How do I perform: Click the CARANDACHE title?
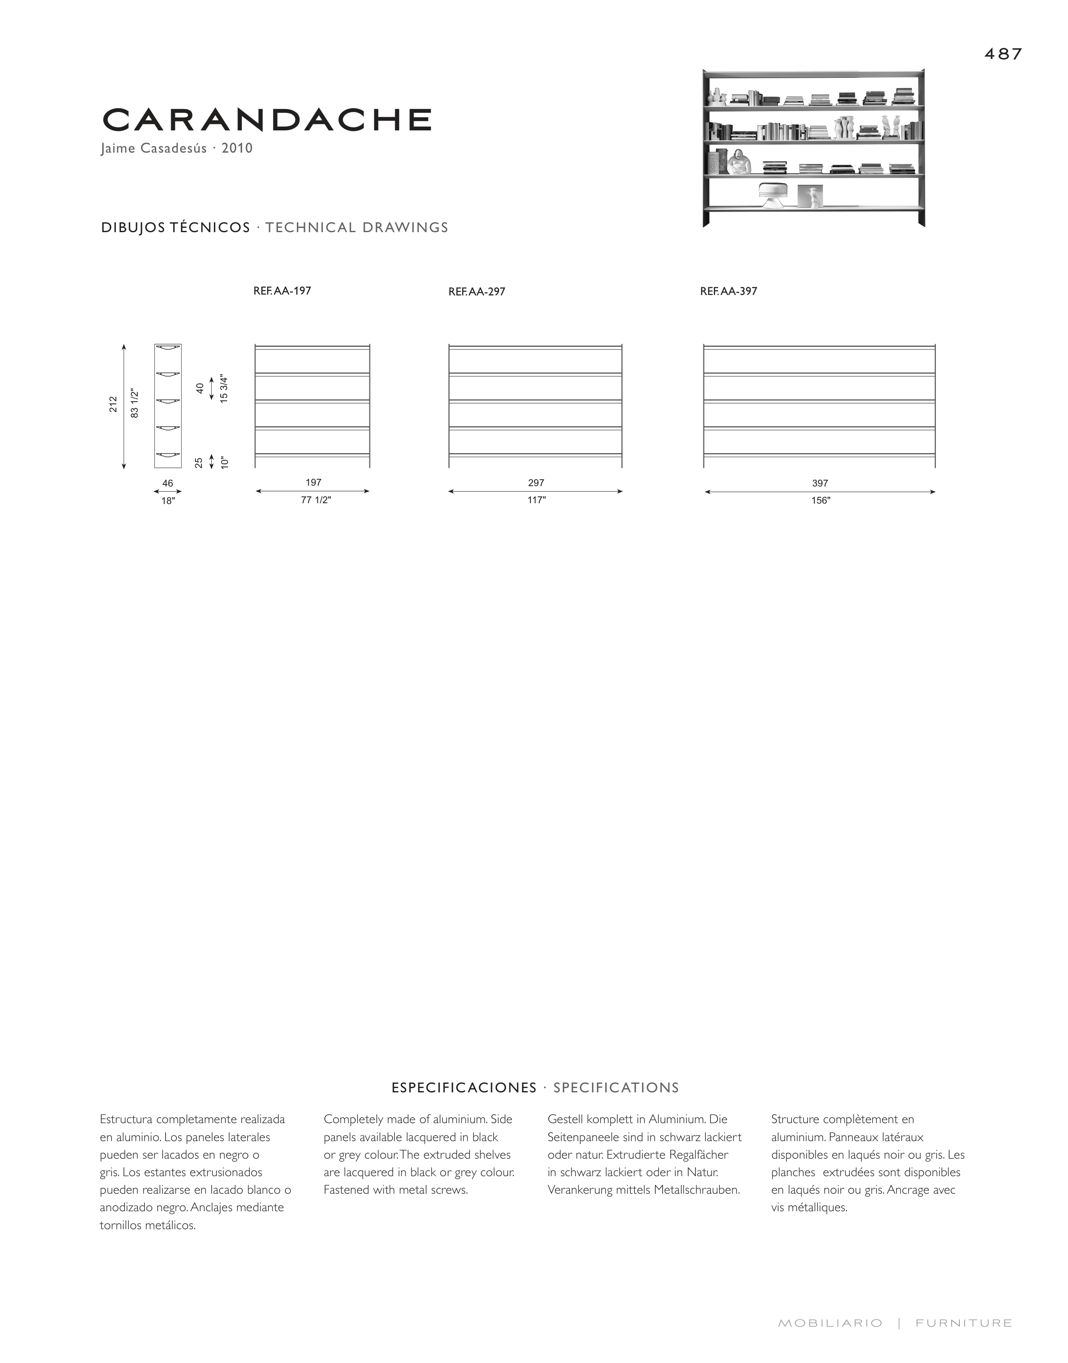click(x=267, y=120)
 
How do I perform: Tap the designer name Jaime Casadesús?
click(x=154, y=149)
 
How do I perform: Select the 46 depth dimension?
click(x=168, y=483)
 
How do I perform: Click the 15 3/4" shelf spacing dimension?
click(x=224, y=388)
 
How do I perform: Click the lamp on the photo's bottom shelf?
click(x=774, y=195)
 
